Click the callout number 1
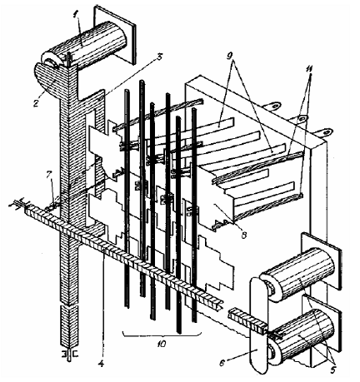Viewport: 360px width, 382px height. (x=75, y=15)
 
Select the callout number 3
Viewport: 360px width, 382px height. (x=159, y=57)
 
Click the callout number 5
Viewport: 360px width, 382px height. (x=332, y=369)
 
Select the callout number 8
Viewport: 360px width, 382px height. (x=244, y=236)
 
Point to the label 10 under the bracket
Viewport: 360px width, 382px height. (x=162, y=345)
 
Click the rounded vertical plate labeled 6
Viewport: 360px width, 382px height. (x=259, y=325)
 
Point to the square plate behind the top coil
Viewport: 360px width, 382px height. (x=115, y=35)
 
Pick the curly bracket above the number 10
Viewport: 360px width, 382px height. (x=162, y=334)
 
